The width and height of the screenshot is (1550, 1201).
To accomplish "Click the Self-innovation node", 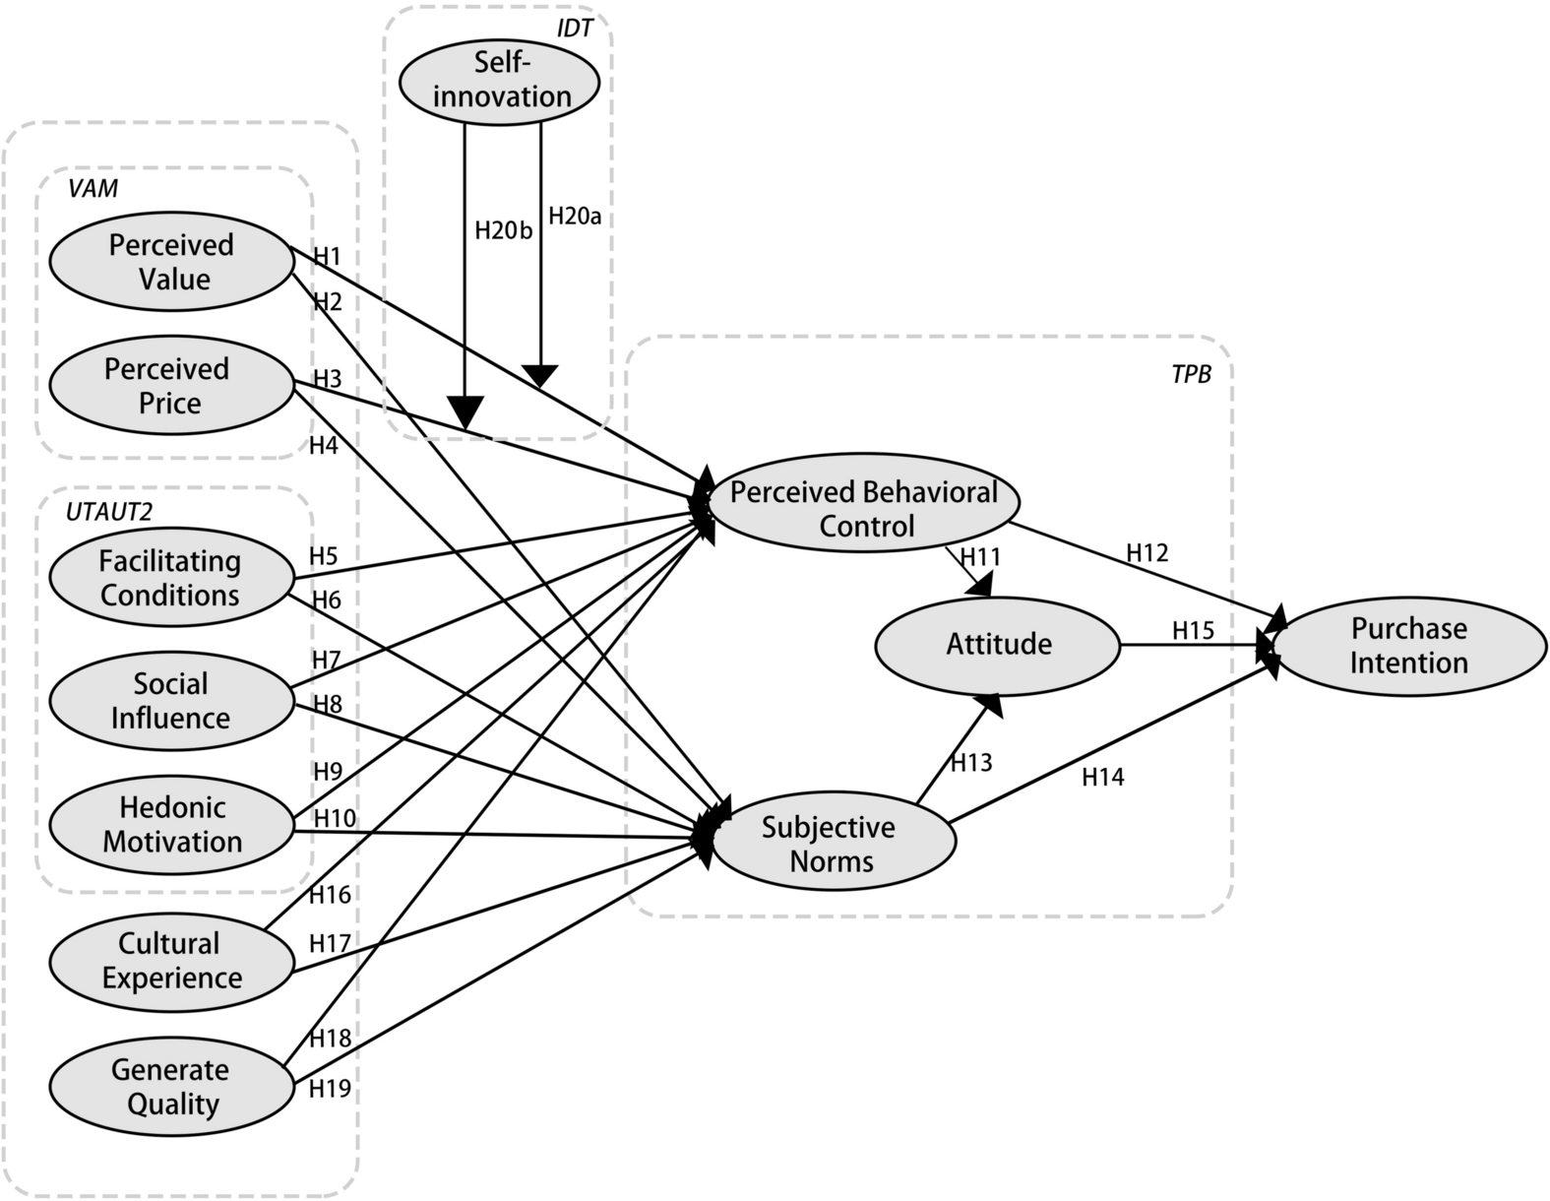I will (500, 80).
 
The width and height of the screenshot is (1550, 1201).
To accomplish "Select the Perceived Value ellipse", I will (171, 262).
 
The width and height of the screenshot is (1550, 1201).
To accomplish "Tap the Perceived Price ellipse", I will (169, 386).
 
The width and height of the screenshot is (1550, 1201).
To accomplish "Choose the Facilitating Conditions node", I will (170, 578).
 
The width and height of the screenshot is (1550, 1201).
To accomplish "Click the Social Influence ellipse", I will (171, 701).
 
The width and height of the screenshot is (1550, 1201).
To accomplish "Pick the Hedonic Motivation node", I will (172, 825).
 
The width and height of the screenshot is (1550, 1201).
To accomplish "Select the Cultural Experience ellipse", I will (171, 961).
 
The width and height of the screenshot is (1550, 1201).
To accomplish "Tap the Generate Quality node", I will (171, 1087).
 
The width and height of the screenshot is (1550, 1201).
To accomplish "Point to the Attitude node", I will (998, 645).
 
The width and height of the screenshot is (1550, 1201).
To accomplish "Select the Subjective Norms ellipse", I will (831, 845).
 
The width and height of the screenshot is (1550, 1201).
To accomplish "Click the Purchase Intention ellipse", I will (1408, 646).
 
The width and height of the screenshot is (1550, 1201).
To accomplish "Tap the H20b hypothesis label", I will (503, 230).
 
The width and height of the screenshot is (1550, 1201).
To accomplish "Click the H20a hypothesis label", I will (574, 216).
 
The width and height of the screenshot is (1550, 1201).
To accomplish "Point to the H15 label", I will (1193, 630).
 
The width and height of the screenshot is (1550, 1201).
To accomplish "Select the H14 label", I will (1103, 778).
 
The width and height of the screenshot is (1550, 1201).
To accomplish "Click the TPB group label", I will (1191, 374).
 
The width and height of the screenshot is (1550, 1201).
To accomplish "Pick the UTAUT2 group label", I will (108, 511).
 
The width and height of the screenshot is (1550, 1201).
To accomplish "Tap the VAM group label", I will (93, 188).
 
